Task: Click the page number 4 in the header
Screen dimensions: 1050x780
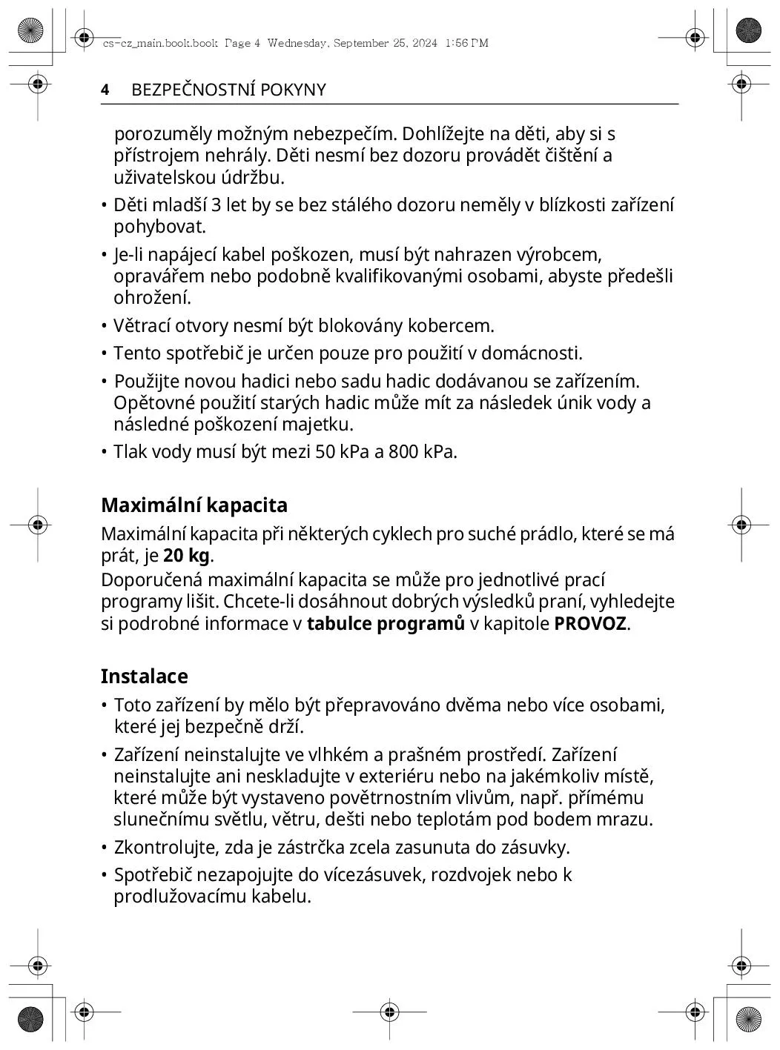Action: tap(105, 90)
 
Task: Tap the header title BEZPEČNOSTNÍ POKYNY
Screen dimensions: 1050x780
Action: tap(228, 90)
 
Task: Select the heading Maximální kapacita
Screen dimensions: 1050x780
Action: tap(194, 505)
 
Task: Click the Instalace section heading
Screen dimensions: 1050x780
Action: tap(145, 677)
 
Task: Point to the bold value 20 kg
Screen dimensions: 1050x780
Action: tap(187, 556)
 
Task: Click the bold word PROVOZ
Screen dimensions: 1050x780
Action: tap(590, 623)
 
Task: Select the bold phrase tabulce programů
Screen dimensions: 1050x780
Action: tap(386, 623)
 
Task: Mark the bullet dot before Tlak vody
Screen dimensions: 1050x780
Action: tap(105, 452)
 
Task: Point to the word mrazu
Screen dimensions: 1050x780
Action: tap(628, 820)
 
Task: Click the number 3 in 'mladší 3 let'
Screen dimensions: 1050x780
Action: tap(217, 206)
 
